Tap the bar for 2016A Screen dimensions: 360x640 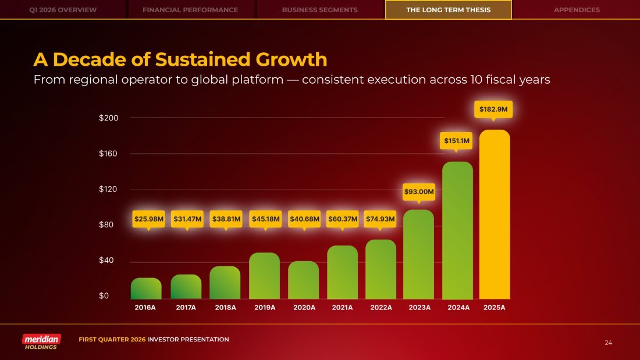(146, 288)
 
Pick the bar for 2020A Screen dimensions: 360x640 (304, 280)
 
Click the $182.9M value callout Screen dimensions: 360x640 (493, 109)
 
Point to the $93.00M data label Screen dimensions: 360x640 (419, 191)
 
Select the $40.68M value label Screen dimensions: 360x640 (304, 219)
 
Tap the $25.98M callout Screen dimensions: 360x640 (149, 219)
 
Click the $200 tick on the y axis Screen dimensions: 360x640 (109, 118)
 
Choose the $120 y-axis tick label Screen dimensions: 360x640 (109, 190)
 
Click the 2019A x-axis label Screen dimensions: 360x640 (265, 308)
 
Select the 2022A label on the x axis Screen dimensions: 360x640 (381, 308)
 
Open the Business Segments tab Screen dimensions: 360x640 (320, 10)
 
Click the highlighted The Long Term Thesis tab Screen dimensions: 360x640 (448, 10)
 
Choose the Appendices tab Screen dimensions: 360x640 (577, 10)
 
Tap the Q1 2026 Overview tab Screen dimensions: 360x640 (63, 10)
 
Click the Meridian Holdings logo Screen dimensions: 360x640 (41, 342)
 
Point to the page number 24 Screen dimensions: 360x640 (609, 343)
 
